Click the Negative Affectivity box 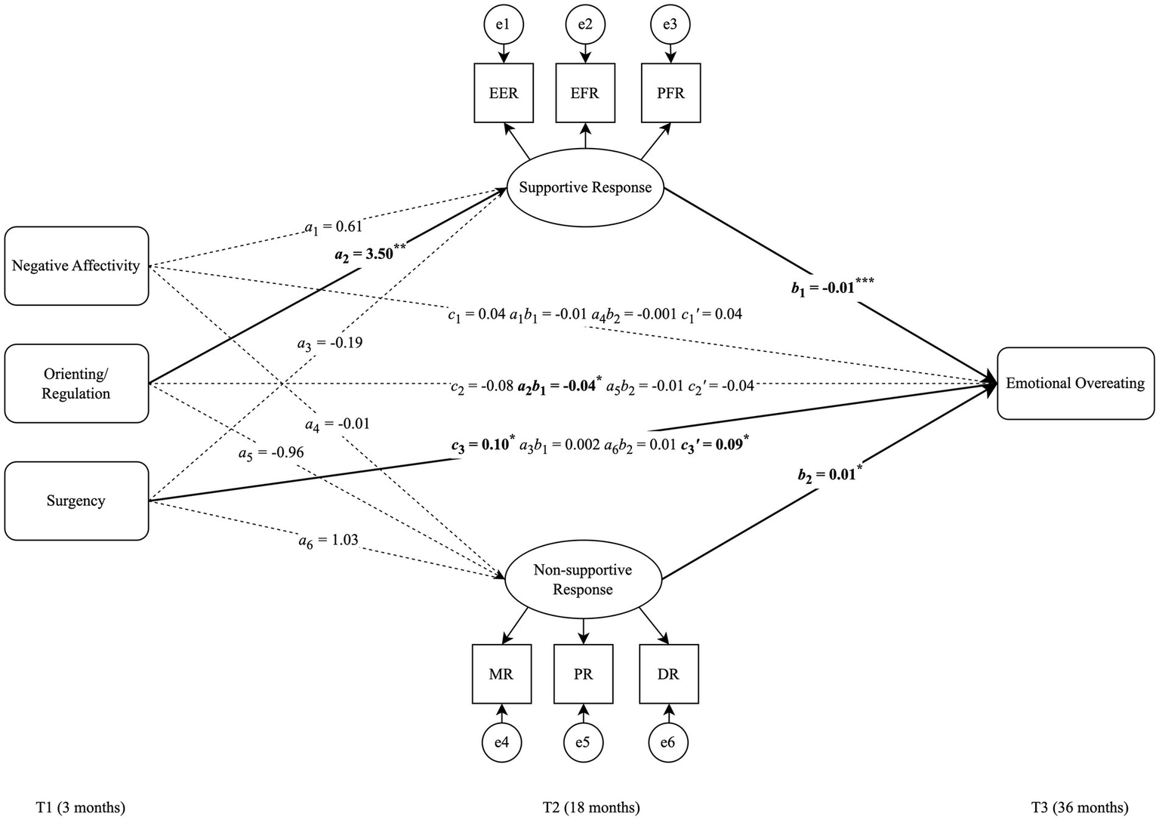click(76, 266)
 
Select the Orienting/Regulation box click(76, 384)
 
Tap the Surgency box click(76, 501)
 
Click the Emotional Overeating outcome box click(1075, 384)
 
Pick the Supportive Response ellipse click(585, 187)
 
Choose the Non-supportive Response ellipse click(582, 580)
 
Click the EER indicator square click(504, 93)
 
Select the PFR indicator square click(670, 93)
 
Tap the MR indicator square click(501, 674)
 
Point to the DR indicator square click(668, 674)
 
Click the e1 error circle click(503, 24)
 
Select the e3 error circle click(670, 24)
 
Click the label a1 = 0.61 click(333, 226)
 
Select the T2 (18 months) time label click(591, 807)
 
